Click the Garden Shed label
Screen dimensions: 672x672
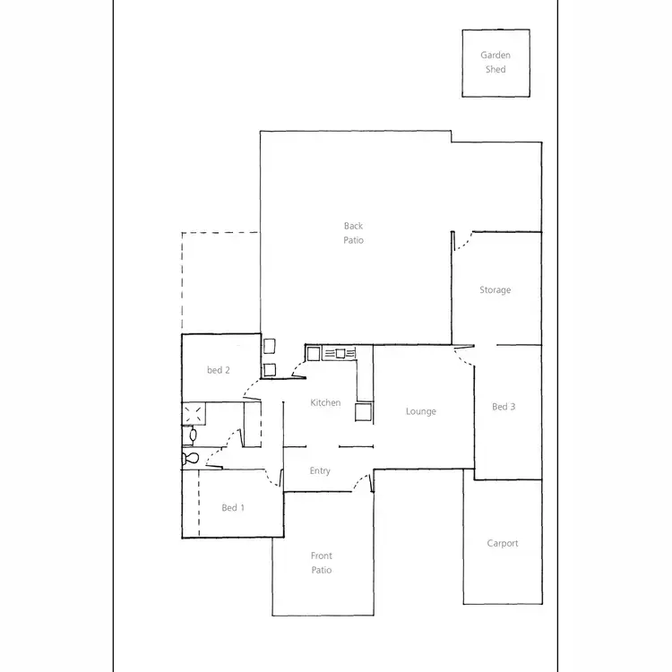[495, 62]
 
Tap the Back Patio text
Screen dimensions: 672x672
[353, 233]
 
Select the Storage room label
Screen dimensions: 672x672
[495, 290]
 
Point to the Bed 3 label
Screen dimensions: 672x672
[504, 407]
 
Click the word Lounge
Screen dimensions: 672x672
[421, 412]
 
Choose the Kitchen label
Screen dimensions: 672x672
[325, 403]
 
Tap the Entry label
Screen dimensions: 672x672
[320, 471]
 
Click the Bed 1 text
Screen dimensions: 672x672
[233, 508]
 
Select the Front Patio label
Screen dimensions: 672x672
[322, 563]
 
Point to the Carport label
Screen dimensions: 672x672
[503, 544]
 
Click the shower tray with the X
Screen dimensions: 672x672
[194, 413]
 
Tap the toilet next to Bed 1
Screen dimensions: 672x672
[190, 458]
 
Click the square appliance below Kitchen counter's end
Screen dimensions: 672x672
[363, 412]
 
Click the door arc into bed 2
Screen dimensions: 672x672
[252, 387]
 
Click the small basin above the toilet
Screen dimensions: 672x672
[191, 436]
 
